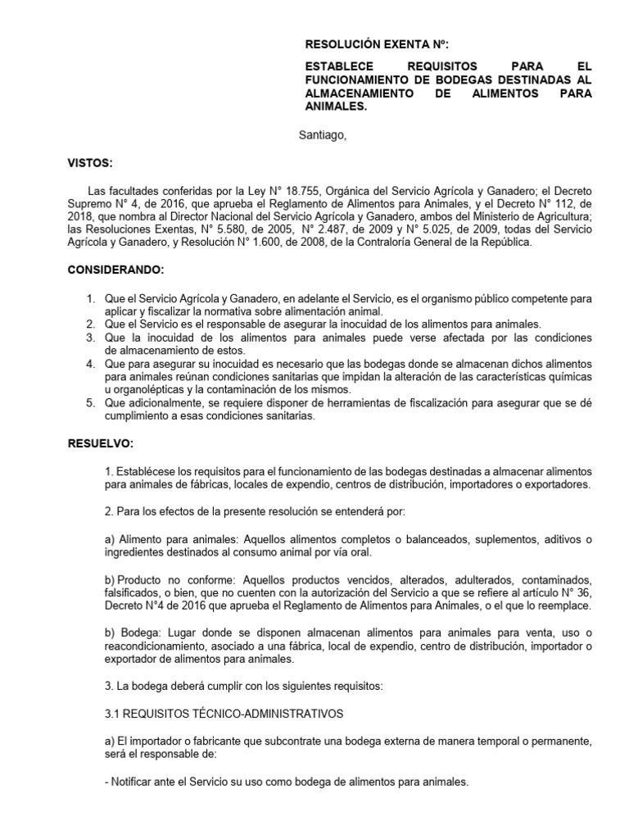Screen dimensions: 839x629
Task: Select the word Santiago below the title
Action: pos(322,136)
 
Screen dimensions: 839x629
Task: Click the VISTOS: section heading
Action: pos(89,163)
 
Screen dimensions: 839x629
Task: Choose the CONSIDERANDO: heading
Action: pos(115,270)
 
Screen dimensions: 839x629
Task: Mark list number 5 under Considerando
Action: pos(92,404)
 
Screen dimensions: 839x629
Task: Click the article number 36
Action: pos(580,594)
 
